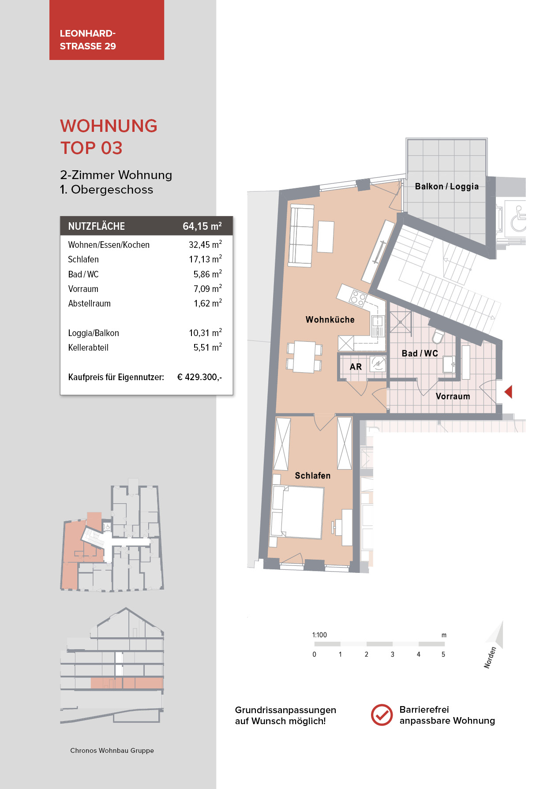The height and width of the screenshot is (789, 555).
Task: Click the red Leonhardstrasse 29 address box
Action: point(106,30)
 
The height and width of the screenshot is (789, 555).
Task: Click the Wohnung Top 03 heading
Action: point(109,137)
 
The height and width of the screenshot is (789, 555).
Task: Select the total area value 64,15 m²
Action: point(202,226)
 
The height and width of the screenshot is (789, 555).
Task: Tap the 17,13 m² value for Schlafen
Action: point(205,259)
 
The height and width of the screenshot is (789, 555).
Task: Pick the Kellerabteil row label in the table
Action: point(88,348)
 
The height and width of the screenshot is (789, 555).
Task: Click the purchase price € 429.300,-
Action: point(199,377)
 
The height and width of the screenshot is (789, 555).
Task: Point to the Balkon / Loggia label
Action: point(446,187)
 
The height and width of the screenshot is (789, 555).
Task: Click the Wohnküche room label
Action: point(330,320)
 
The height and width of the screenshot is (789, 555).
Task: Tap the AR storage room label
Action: point(356,367)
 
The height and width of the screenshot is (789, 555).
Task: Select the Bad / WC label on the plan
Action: point(420,353)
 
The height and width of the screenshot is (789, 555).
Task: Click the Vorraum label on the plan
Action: point(453,396)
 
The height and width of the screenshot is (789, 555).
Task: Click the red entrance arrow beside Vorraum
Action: point(508,392)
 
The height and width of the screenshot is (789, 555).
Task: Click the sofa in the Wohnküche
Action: point(301,236)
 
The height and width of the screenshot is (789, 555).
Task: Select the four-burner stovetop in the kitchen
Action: point(358,299)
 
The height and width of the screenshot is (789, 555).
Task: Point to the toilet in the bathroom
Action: point(438,337)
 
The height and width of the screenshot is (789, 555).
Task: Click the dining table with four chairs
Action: point(304,356)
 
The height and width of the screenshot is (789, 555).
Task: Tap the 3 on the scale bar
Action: point(392,654)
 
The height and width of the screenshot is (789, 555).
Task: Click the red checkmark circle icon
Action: point(382,715)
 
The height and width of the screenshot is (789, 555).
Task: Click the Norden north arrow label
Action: point(490,657)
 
